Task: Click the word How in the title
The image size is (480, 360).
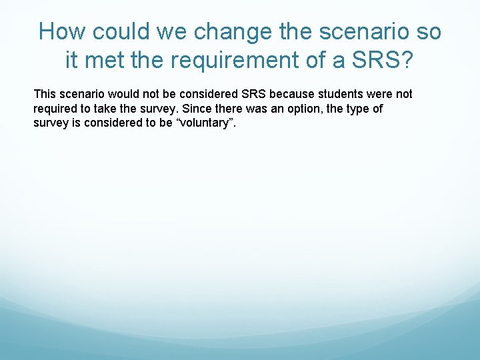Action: click(63, 31)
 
